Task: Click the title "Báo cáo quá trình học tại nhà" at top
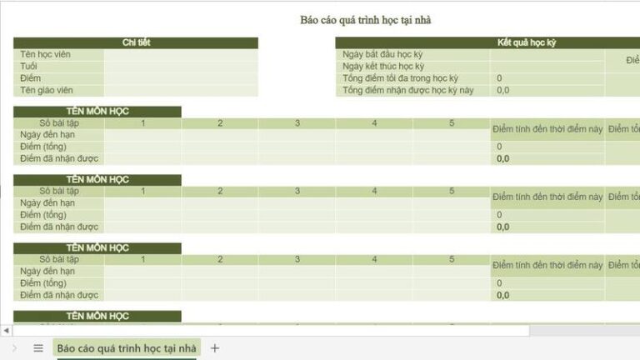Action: [x=366, y=20]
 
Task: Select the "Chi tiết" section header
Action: [x=135, y=42]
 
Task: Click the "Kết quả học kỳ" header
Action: [x=526, y=42]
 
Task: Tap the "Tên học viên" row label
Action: [x=46, y=55]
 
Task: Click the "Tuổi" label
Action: [x=30, y=67]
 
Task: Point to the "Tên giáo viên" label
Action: [x=48, y=90]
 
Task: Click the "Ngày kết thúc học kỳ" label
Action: [x=383, y=67]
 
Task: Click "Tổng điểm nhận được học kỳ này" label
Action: [x=407, y=90]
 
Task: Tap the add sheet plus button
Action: [x=215, y=348]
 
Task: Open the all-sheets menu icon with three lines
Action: [x=38, y=348]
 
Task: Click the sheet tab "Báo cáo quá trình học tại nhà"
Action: [x=127, y=348]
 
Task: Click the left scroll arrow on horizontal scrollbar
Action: [x=6, y=331]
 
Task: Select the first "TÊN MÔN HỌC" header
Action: [x=97, y=112]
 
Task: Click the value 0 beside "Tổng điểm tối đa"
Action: [x=499, y=78]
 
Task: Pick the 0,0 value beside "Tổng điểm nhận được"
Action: [x=503, y=90]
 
